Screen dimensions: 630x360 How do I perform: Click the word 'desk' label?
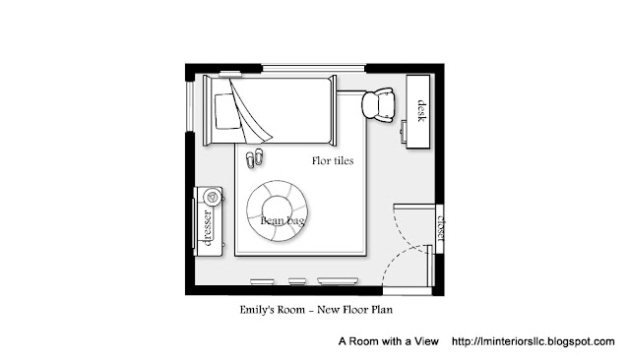point(421,111)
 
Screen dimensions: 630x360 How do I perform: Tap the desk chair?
point(378,105)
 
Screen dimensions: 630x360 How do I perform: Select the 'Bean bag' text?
point(283,220)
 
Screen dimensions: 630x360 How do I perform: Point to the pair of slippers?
point(255,158)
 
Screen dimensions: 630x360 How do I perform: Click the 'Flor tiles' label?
point(333,161)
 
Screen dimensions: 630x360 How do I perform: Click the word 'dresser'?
point(208,227)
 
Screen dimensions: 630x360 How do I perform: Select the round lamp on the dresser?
point(212,197)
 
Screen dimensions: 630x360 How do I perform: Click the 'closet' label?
point(441,228)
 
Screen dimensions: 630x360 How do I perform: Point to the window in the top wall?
point(314,68)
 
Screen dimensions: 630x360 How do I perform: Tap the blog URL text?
point(534,341)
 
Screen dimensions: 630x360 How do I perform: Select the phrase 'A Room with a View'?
point(388,341)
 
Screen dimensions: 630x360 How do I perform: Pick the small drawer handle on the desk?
point(404,131)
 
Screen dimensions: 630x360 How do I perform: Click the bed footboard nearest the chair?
point(333,110)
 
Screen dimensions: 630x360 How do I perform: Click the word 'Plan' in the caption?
point(383,310)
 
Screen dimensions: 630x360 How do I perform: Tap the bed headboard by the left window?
point(207,110)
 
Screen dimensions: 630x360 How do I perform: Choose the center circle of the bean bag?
point(278,210)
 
